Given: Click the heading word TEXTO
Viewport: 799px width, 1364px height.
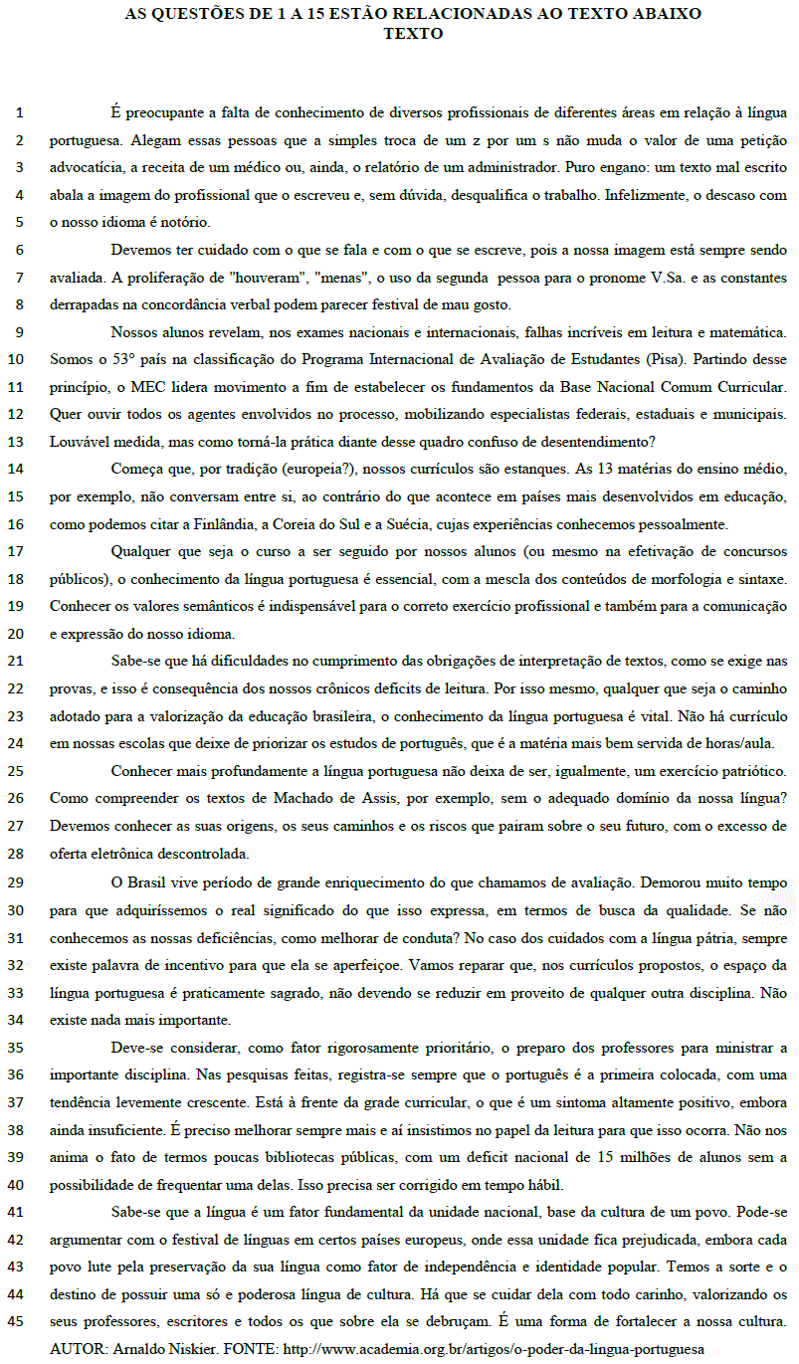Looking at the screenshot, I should click(413, 33).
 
